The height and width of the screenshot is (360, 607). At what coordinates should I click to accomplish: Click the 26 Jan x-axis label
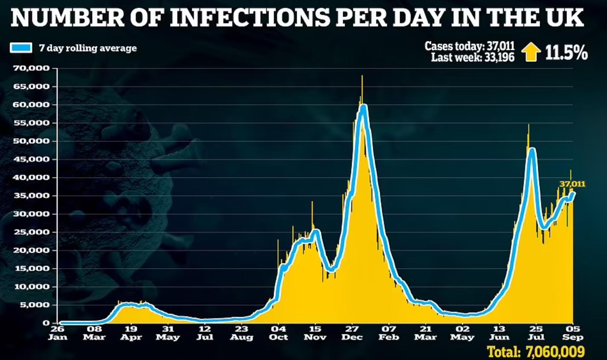click(x=57, y=333)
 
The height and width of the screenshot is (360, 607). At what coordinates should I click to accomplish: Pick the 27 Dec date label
click(x=352, y=333)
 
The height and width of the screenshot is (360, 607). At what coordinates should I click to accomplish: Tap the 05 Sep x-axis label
click(x=573, y=333)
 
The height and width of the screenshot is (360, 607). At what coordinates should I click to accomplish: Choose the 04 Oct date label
click(x=279, y=333)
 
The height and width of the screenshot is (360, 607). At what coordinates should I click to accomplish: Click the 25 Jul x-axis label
click(x=536, y=333)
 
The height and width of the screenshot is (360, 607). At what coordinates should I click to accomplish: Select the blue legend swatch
click(x=21, y=48)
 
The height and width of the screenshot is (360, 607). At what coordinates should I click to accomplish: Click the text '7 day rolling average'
click(x=88, y=48)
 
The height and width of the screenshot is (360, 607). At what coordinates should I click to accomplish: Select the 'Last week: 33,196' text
click(x=472, y=57)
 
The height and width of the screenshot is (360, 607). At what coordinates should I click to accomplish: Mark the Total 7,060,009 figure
click(x=536, y=352)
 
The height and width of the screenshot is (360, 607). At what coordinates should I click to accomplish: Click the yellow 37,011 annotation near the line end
click(x=572, y=184)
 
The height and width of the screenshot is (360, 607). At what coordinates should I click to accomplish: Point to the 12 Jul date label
click(x=205, y=333)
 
